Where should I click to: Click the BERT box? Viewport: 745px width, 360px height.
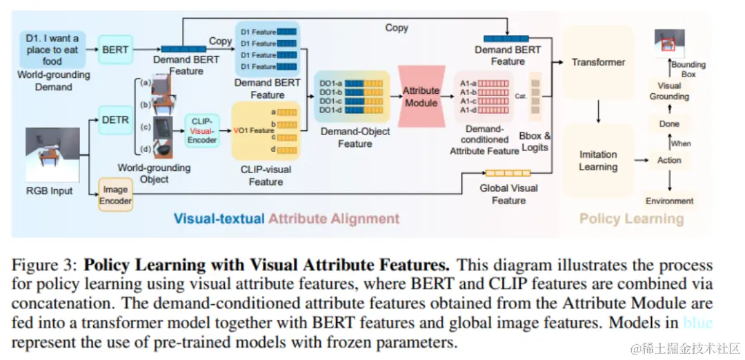[115, 50]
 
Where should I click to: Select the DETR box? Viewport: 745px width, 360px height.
[115, 119]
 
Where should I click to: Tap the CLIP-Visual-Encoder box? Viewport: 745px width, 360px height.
[203, 130]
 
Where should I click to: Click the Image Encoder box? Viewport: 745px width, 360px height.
[115, 194]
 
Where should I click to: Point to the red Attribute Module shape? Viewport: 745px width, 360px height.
[421, 97]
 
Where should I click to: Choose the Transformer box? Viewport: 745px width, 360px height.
[598, 62]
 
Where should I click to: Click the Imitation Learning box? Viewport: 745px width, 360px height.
[598, 161]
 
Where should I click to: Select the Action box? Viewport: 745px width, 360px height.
[669, 160]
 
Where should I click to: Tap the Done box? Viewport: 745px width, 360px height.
[669, 124]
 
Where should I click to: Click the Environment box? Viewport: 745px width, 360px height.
[669, 201]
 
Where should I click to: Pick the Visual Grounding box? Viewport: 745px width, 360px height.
[669, 91]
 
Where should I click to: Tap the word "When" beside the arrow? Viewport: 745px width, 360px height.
[681, 143]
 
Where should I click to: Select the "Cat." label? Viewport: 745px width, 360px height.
[521, 96]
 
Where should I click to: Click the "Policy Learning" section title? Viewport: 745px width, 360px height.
[631, 219]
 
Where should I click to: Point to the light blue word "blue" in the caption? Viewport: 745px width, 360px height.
[697, 323]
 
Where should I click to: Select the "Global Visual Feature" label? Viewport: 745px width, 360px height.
[508, 194]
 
